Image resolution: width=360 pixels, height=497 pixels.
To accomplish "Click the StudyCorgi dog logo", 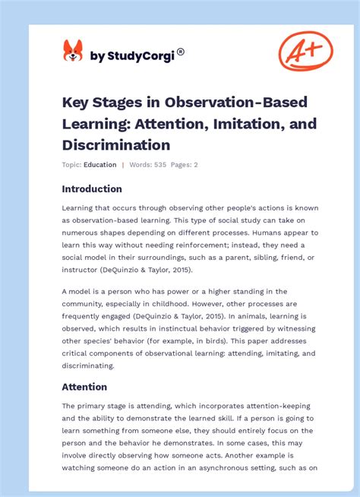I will [x=73, y=51].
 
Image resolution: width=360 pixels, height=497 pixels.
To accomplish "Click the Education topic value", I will [x=100, y=165].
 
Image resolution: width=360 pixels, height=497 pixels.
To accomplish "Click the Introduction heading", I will [x=92, y=189].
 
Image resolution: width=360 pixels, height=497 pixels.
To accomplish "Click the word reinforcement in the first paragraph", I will [x=222, y=245].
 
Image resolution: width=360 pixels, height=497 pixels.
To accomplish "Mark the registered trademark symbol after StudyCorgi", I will [x=181, y=52].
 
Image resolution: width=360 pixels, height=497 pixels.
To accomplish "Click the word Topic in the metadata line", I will [x=71, y=165].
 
